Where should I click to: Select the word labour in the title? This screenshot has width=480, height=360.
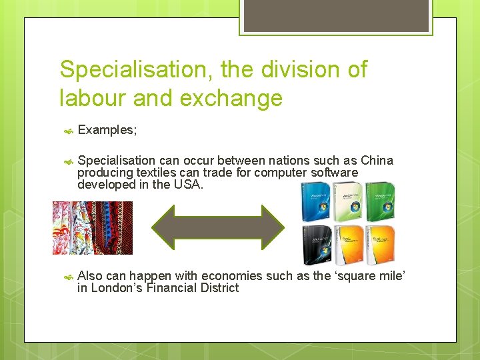click(93, 99)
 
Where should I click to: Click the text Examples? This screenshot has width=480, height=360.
click(107, 130)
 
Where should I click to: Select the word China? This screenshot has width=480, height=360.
click(377, 161)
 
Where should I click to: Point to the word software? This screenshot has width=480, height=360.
click(333, 173)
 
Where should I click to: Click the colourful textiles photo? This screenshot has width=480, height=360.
click(93, 228)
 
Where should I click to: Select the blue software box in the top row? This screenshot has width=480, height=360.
click(315, 202)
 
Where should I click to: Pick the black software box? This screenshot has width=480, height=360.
click(315, 245)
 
